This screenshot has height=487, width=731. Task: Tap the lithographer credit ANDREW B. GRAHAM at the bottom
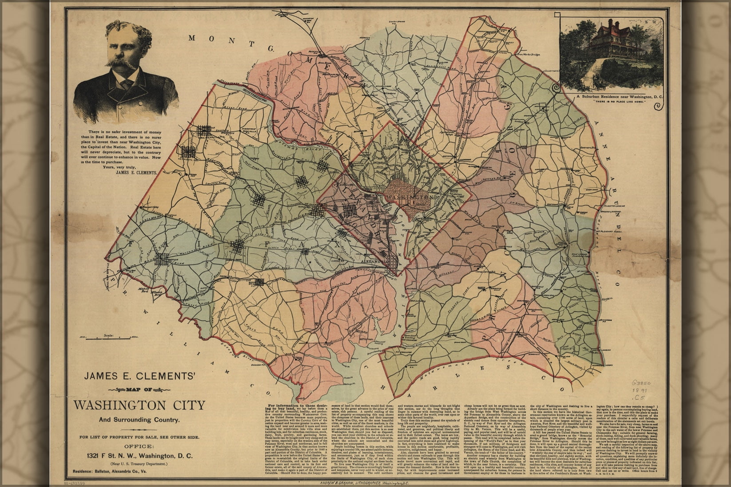pyautogui.click(x=339, y=483)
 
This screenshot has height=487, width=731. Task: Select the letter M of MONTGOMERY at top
pyautogui.click(x=191, y=38)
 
